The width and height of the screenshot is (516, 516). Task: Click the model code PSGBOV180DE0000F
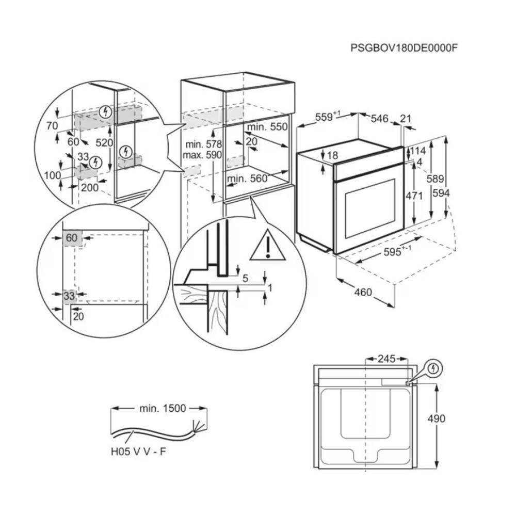point(404,48)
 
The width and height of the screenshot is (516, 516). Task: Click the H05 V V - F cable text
point(138,451)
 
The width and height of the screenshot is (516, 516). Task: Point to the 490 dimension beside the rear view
point(437,418)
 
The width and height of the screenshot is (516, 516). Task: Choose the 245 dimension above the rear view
point(386,359)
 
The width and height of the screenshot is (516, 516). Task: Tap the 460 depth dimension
point(363,292)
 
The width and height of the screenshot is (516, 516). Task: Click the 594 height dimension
point(441,193)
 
